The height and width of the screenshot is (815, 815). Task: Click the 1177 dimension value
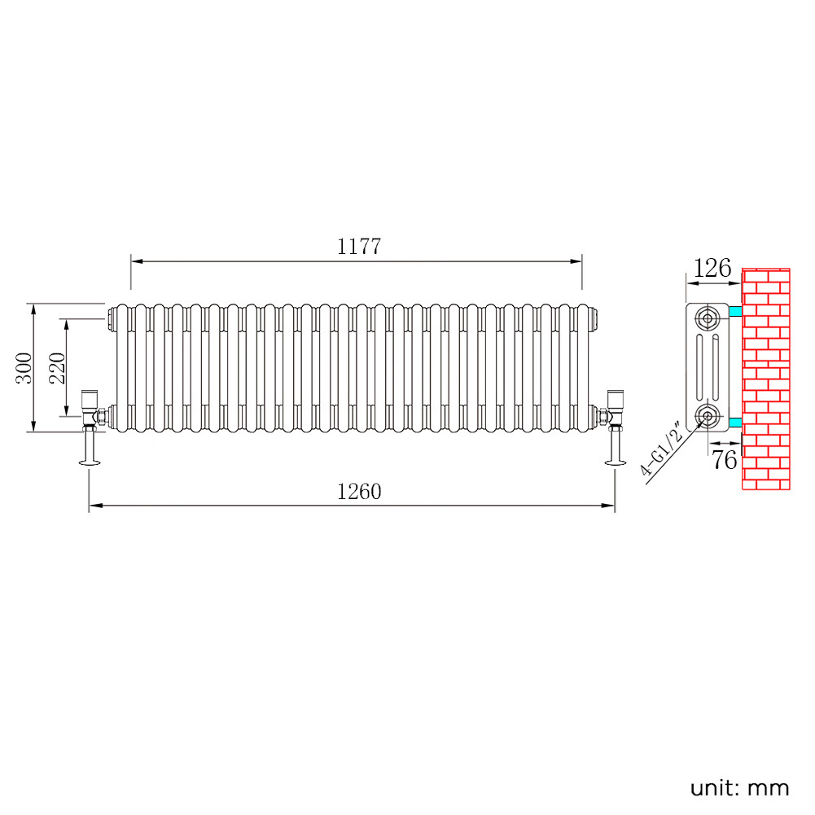click(x=358, y=247)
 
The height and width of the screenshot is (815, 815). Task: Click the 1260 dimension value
click(x=358, y=491)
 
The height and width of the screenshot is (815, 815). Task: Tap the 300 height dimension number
click(x=24, y=368)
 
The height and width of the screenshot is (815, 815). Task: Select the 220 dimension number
click(x=57, y=368)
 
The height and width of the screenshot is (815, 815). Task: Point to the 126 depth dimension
click(x=712, y=268)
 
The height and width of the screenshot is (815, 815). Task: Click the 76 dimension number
click(x=724, y=460)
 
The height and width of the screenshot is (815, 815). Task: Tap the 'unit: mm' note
click(x=739, y=787)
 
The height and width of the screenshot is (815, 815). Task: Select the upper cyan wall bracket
click(x=735, y=311)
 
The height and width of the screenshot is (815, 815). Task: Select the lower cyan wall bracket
click(x=735, y=422)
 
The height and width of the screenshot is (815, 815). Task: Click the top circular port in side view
click(x=707, y=317)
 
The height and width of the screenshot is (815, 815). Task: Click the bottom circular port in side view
click(x=707, y=415)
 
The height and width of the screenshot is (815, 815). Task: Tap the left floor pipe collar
click(x=90, y=462)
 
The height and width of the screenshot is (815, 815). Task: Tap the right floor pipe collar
click(x=616, y=462)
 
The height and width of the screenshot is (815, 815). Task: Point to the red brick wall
click(x=765, y=379)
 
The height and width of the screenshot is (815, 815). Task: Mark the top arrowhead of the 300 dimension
click(x=33, y=311)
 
